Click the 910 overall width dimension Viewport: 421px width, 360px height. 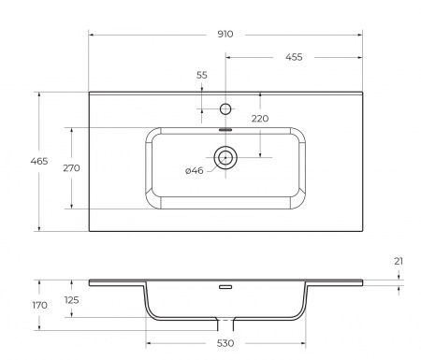point(224,34)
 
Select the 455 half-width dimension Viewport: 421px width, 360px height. point(295,58)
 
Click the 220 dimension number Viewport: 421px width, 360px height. point(259,119)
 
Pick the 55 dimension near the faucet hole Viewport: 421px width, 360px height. point(202,75)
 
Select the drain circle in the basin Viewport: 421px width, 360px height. point(225,157)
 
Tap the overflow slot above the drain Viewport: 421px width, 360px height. point(225,131)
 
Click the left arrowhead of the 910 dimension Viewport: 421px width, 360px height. point(92,34)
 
